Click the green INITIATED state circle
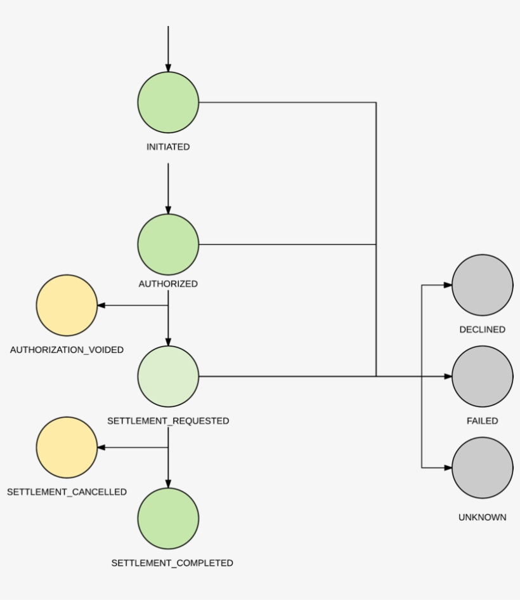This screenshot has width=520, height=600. pos(168,102)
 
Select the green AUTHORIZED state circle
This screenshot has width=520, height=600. pos(168,244)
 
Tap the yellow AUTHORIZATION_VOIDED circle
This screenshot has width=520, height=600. pos(67,305)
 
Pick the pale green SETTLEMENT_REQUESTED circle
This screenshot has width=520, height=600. pos(168,377)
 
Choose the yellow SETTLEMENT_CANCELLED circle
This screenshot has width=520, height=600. pos(67,448)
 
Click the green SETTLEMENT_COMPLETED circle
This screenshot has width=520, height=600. pos(168,519)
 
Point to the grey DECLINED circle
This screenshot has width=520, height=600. pos(483,285)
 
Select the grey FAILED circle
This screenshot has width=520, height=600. pos(483,377)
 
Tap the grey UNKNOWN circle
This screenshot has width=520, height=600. pos(483,468)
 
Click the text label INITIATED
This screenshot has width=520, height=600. pos(168,147)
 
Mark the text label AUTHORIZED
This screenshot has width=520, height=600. pos(168,284)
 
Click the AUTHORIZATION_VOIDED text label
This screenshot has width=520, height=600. pos(67,350)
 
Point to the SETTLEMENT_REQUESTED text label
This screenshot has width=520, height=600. pos(168,421)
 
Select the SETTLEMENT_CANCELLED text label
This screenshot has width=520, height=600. pos(67,492)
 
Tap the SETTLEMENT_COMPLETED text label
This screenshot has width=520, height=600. pos(172,563)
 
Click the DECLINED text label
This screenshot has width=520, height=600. pos(483,330)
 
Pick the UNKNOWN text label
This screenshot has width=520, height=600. pos(483,517)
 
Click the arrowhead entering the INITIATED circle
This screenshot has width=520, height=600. pos(168,68)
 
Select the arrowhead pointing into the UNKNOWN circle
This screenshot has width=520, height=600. pos(448,468)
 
